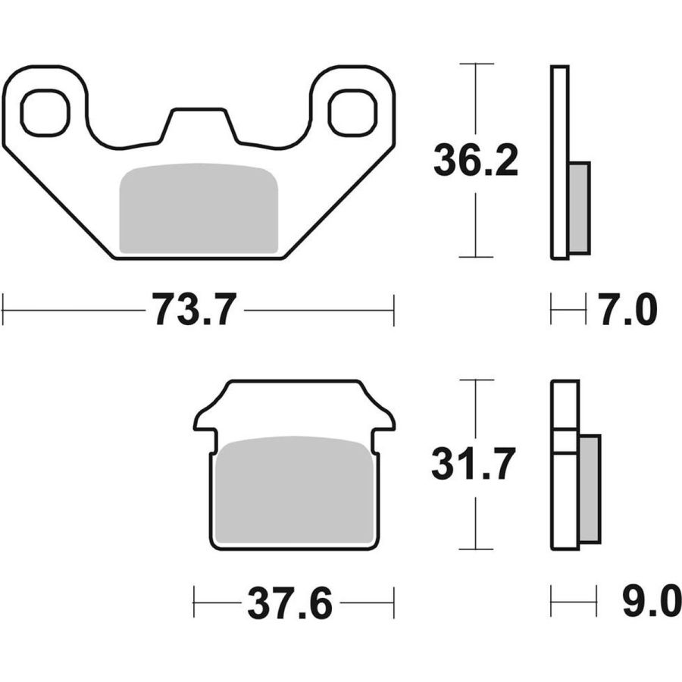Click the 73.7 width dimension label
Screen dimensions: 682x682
[194, 309]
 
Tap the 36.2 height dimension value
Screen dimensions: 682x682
[476, 161]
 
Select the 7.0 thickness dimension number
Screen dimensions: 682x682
[629, 310]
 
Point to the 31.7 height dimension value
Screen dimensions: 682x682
[474, 464]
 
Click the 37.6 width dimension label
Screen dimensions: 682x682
[290, 603]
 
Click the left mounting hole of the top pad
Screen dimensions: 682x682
[45, 113]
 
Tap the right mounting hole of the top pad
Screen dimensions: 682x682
[352, 113]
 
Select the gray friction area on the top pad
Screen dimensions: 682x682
[199, 208]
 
